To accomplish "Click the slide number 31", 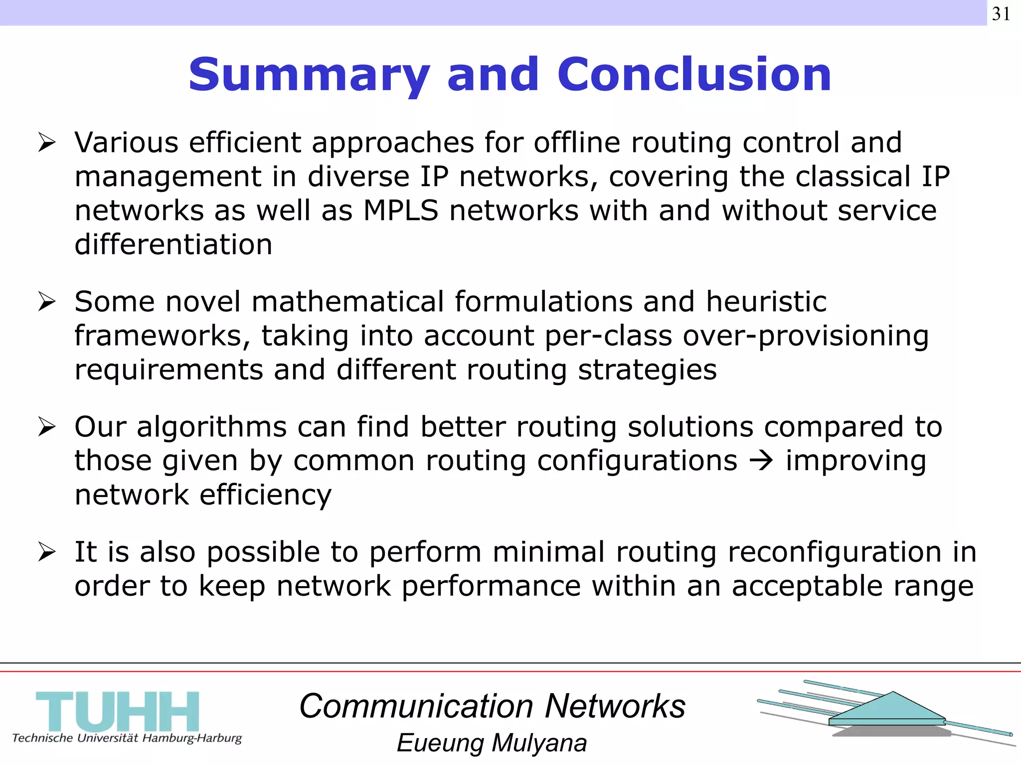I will tap(1001, 13).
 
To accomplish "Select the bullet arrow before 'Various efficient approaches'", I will tap(46, 143).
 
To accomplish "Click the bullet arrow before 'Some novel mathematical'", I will tap(46, 302).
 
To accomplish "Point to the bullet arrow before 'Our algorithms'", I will tap(46, 427).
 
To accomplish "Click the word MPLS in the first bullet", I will tap(401, 210).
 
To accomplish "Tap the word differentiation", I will tap(173, 245).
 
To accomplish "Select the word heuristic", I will tap(766, 302).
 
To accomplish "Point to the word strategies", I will tap(647, 370).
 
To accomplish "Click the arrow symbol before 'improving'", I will tap(761, 461).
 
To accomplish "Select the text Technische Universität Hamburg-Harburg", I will tap(127, 738).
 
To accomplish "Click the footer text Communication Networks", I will tap(493, 706).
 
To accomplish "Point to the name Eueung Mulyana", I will tap(492, 743).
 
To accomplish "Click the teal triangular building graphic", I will tap(887, 710).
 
